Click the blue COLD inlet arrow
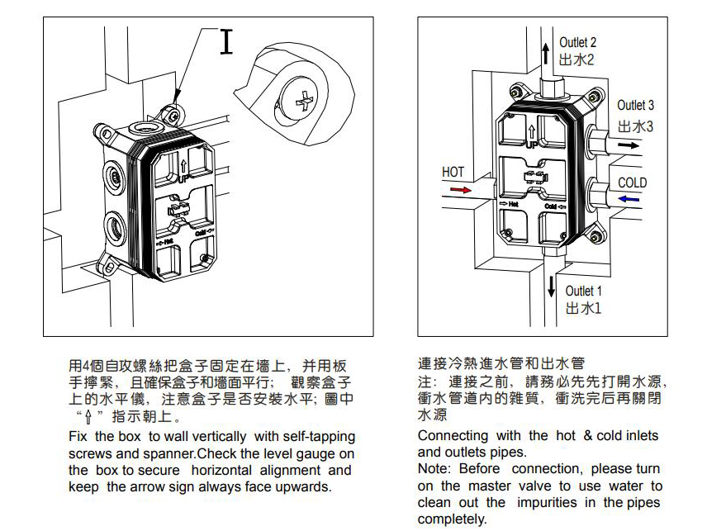(x=629, y=199)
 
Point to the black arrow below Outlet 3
(x=629, y=145)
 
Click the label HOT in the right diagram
(x=453, y=173)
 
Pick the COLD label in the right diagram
(x=633, y=183)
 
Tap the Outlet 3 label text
(x=635, y=106)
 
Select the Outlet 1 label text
(x=584, y=291)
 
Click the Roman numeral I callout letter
(x=226, y=42)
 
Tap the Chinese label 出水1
(x=583, y=309)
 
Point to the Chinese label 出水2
(x=577, y=60)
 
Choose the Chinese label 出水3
(x=635, y=126)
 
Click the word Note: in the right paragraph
(x=434, y=469)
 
